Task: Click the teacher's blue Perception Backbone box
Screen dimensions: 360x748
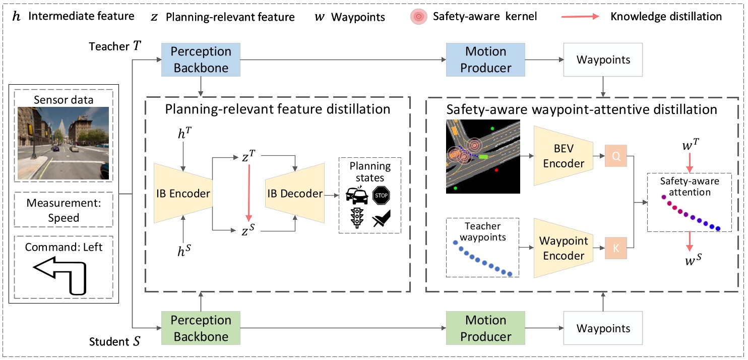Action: (201, 59)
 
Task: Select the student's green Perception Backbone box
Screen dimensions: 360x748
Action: (201, 328)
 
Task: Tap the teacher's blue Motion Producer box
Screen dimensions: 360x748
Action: (485, 59)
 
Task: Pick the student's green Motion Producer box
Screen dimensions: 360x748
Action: (485, 328)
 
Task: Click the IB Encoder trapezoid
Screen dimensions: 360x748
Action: (183, 193)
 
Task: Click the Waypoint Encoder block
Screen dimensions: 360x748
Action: (564, 248)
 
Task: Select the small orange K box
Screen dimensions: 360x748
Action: (615, 248)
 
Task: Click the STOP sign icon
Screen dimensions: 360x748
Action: (381, 195)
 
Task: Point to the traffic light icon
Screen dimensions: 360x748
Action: (358, 218)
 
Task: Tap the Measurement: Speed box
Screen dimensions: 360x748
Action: (64, 211)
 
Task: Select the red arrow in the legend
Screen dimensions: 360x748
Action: (580, 16)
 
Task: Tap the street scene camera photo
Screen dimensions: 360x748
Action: (64, 143)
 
